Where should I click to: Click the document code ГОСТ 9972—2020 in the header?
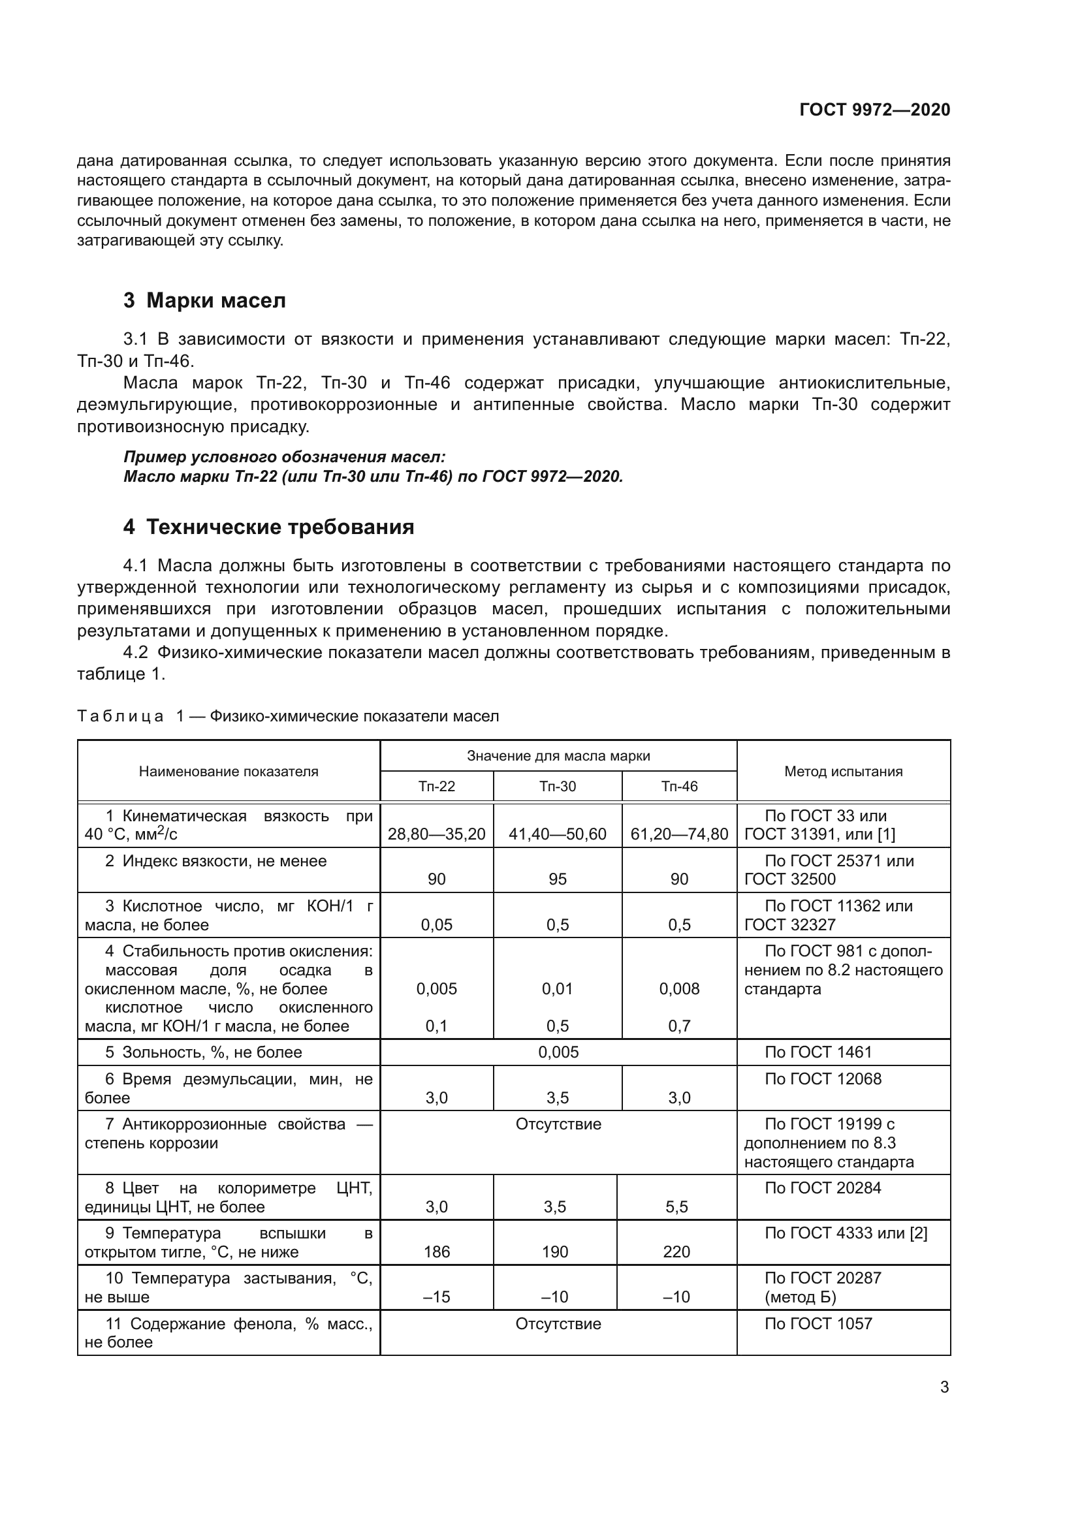(874, 110)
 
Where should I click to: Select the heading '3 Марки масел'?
(204, 300)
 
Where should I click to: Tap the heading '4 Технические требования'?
(268, 527)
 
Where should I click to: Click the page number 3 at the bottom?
(944, 1387)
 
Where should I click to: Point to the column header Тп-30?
(557, 786)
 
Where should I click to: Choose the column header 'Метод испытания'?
(843, 772)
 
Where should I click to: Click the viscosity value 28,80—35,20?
(436, 834)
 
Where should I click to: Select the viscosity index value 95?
(557, 879)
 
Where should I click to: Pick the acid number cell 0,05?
(436, 924)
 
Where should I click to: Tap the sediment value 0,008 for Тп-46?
(679, 989)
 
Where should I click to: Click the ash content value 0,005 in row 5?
(558, 1052)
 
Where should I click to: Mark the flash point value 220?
(676, 1252)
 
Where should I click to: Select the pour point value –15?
(436, 1297)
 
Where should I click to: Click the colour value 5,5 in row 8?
(676, 1206)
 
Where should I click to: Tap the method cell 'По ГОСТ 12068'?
(823, 1078)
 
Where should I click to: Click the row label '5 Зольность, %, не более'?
(203, 1052)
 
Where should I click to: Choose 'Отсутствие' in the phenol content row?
(558, 1323)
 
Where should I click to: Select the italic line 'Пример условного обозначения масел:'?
(284, 457)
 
